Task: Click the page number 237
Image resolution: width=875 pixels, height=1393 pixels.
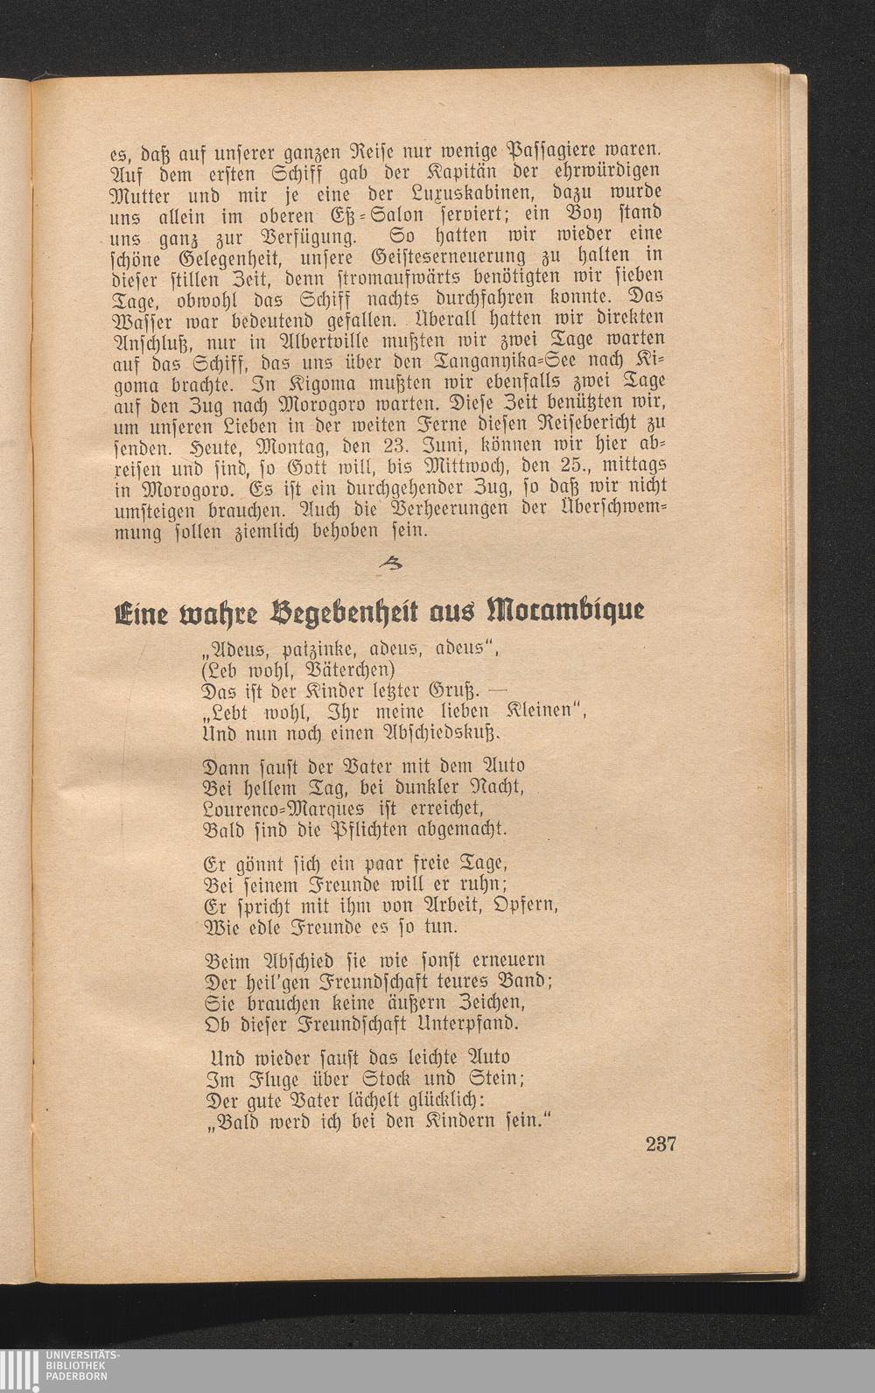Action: point(661,1144)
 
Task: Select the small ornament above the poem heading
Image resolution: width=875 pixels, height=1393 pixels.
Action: point(385,568)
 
